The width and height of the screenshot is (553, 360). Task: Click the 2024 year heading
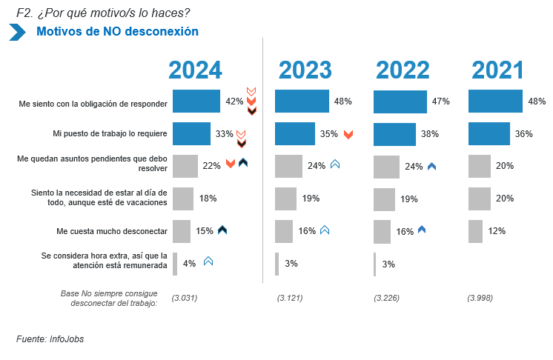195,70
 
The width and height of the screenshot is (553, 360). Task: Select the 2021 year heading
498,70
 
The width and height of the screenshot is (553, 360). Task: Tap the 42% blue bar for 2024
196,101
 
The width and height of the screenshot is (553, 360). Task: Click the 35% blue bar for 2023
295,134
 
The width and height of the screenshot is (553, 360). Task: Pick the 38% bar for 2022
394,134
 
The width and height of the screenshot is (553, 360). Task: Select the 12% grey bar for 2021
475,231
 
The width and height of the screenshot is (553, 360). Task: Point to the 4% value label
189,263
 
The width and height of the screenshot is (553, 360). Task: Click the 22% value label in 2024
211,166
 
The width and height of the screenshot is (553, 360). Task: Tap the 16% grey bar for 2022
382,232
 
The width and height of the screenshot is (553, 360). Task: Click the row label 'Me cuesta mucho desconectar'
112,231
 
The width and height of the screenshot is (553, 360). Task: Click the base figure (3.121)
290,298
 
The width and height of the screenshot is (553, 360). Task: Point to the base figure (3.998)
480,298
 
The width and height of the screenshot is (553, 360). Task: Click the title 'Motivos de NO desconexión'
117,32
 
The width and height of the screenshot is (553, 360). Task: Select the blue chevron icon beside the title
17,32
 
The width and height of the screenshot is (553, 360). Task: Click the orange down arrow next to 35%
348,134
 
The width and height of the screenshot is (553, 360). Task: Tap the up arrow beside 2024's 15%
222,230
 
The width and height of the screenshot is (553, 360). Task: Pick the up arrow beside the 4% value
208,261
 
